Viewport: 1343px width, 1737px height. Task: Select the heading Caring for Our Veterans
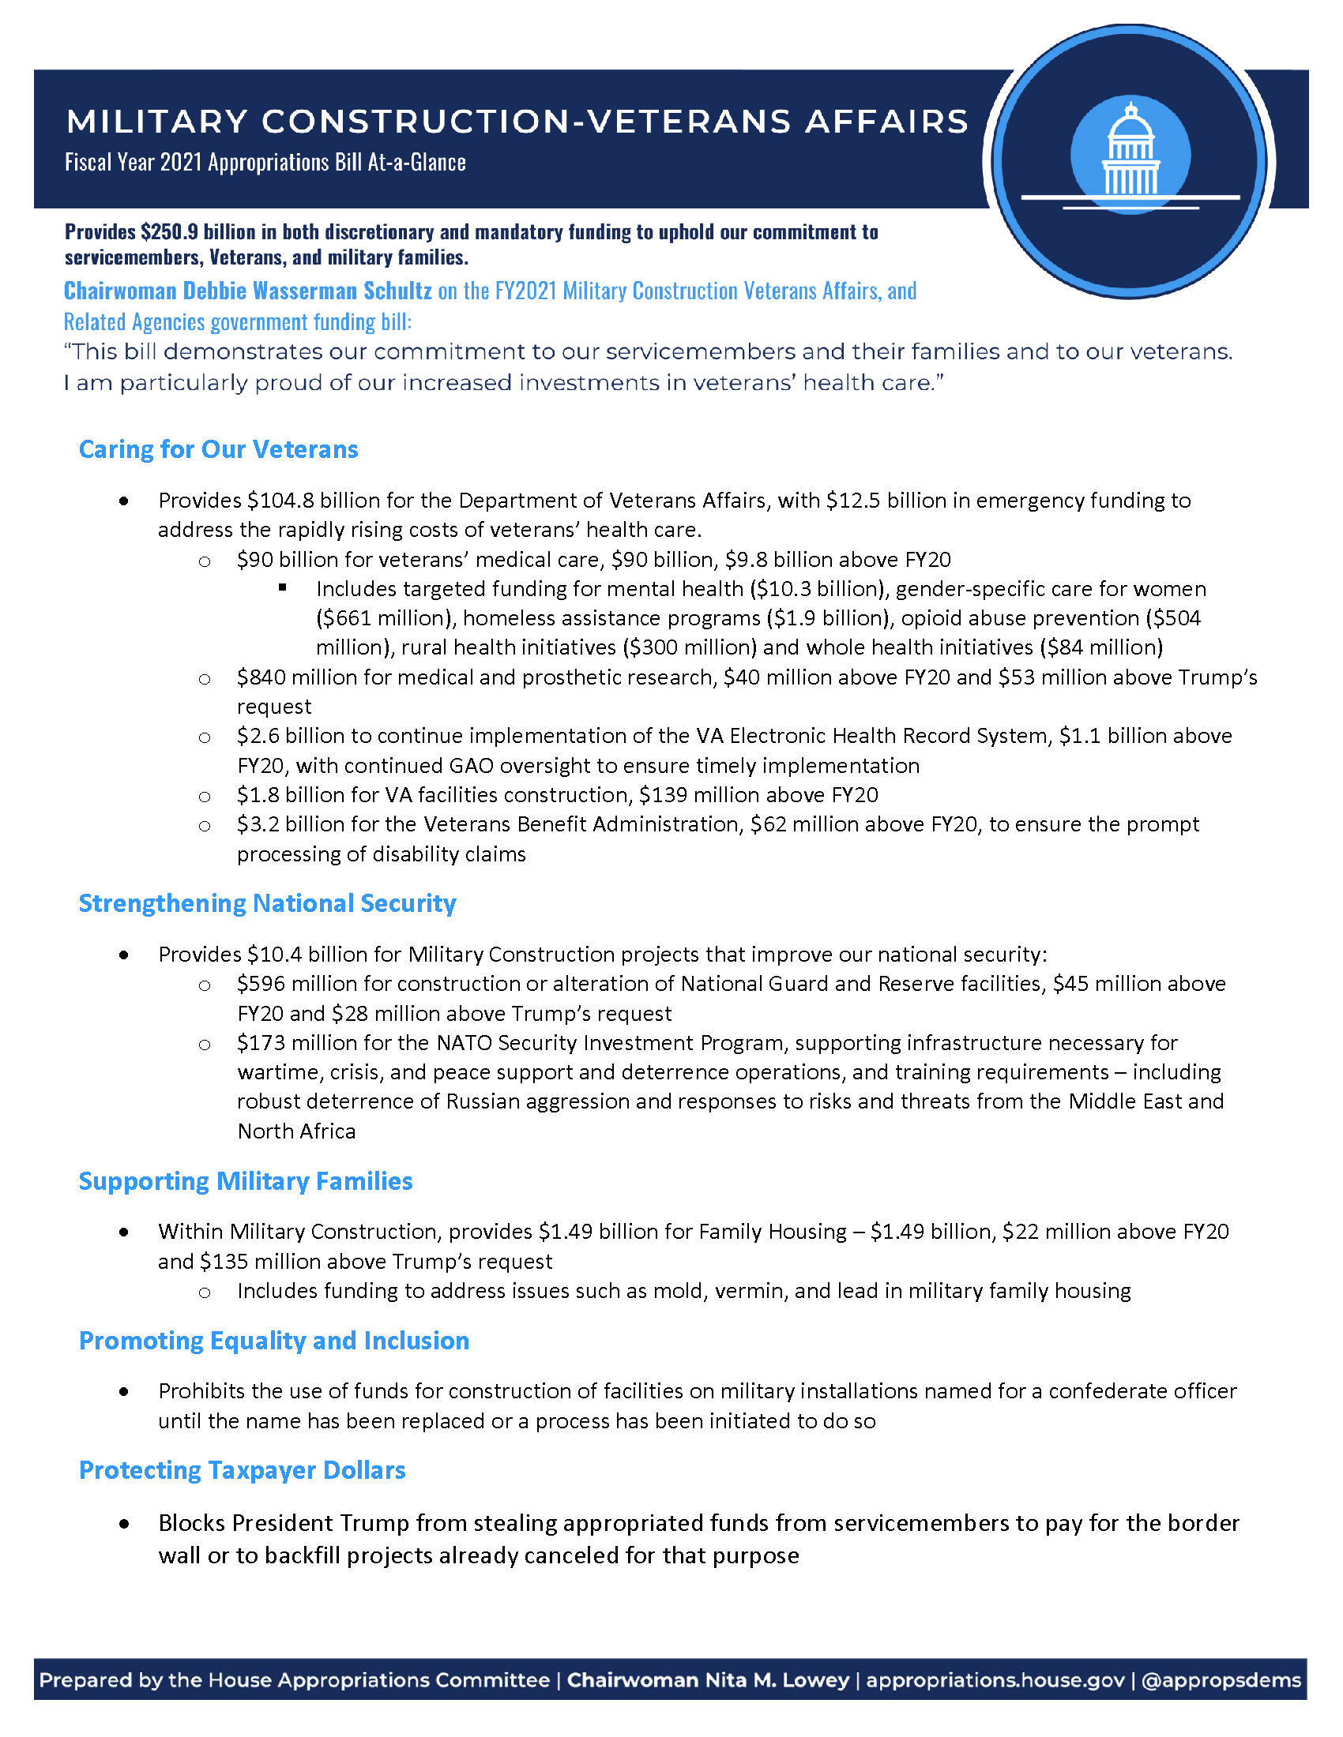point(218,449)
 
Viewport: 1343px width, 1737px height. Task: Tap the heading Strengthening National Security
point(267,903)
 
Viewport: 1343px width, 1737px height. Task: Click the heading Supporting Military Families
point(245,1181)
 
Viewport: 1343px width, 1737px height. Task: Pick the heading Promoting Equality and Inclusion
point(273,1341)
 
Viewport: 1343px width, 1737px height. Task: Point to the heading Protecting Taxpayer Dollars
point(242,1471)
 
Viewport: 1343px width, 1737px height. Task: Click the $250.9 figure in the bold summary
point(169,232)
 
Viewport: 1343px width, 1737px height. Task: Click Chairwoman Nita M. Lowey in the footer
point(707,1679)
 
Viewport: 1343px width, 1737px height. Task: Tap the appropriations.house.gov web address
point(995,1679)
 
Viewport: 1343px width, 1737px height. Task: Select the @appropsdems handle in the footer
point(1221,1679)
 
